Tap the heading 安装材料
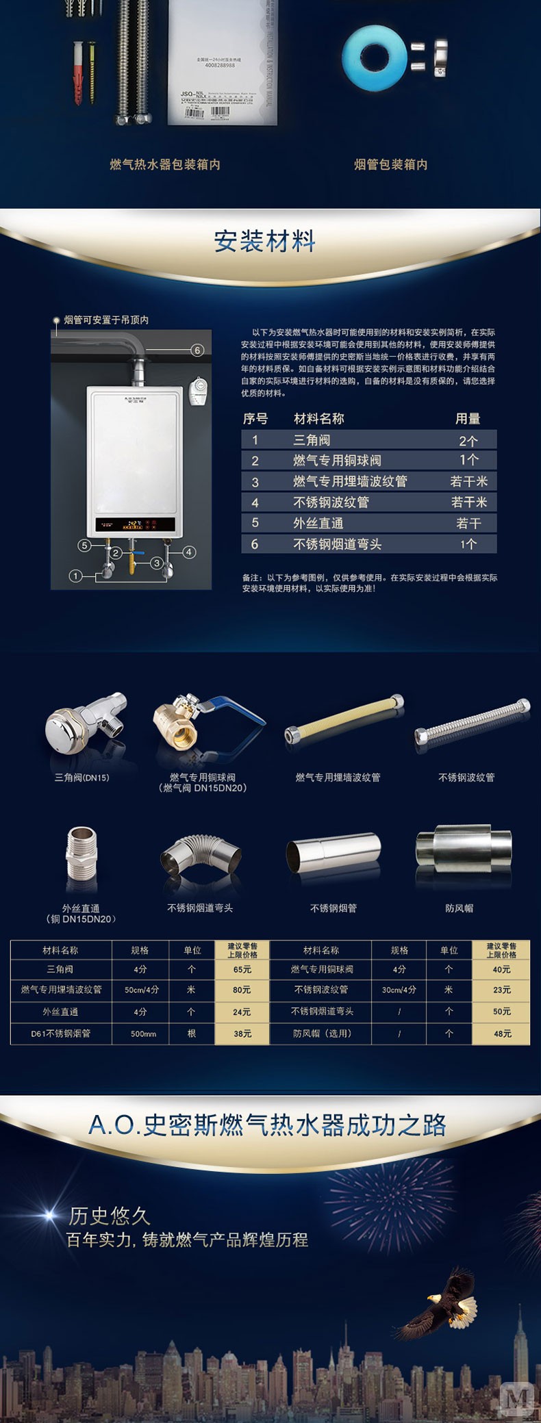click(264, 241)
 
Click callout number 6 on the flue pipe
click(197, 350)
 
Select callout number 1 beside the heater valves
click(75, 576)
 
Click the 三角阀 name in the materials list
click(312, 440)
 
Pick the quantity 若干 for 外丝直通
click(468, 524)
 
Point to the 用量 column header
click(468, 418)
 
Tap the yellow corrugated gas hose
click(344, 719)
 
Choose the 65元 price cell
click(242, 969)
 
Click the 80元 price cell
click(242, 990)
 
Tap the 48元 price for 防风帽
click(503, 1034)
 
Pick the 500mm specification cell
click(143, 1034)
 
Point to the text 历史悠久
click(109, 1216)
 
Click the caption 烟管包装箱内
click(390, 164)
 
